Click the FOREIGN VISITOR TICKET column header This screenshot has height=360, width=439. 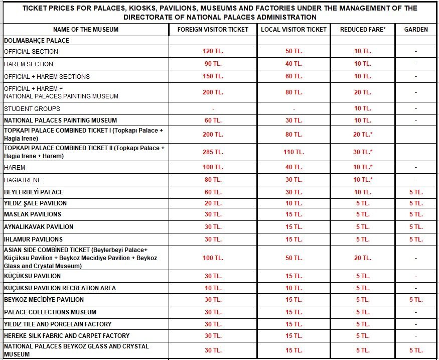pos(213,29)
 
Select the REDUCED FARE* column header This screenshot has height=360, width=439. pos(363,29)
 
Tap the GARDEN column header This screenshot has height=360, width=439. pos(416,29)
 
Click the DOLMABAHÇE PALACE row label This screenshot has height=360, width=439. pos(37,40)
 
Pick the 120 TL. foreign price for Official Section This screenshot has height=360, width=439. pos(213,52)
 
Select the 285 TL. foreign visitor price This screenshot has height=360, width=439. pos(213,152)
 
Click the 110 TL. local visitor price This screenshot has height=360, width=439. pos(294,152)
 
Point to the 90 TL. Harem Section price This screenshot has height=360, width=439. pos(213,64)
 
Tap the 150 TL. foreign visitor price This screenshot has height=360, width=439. pos(213,76)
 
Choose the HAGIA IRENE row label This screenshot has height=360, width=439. pos(23,180)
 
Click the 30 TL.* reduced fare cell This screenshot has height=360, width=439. pos(363,152)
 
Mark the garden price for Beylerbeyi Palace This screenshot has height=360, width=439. pos(416,192)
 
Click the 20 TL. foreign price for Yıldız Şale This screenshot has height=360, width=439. pos(213,203)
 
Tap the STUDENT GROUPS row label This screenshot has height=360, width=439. pos(32,108)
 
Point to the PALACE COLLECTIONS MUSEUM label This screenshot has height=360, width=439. pos(50,312)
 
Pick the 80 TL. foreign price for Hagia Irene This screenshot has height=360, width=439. pos(213,180)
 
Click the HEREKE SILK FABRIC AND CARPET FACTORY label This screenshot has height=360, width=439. pos(67,335)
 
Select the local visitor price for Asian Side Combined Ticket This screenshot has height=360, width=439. pos(294,258)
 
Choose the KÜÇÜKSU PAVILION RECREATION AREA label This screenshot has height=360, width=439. pos(60,288)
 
